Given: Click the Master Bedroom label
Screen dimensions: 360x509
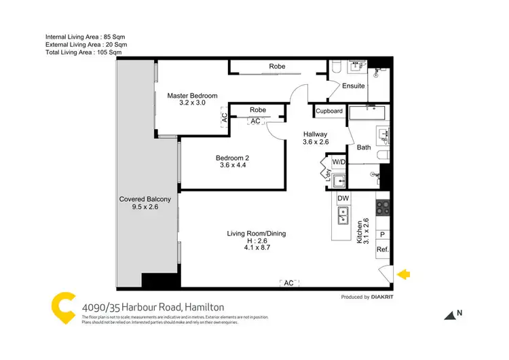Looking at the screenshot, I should (x=193, y=96).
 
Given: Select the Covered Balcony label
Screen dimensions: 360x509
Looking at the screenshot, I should (x=149, y=199).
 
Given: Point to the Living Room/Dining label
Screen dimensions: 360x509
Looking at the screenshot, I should (x=256, y=234).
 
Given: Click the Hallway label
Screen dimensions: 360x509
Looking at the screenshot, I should (x=315, y=134).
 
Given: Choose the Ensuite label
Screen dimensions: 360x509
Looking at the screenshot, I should (x=353, y=86).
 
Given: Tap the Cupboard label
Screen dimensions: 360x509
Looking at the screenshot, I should (x=329, y=111).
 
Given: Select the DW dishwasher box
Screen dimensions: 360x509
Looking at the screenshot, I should (x=343, y=198).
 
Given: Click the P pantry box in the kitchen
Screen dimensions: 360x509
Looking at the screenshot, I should (x=382, y=235).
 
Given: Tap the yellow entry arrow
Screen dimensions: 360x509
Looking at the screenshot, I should (x=403, y=274).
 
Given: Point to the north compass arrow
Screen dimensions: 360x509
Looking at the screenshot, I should (x=449, y=314).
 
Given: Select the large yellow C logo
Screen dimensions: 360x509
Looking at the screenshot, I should (x=62, y=307).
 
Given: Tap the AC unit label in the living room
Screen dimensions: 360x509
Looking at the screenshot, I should (x=288, y=283).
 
